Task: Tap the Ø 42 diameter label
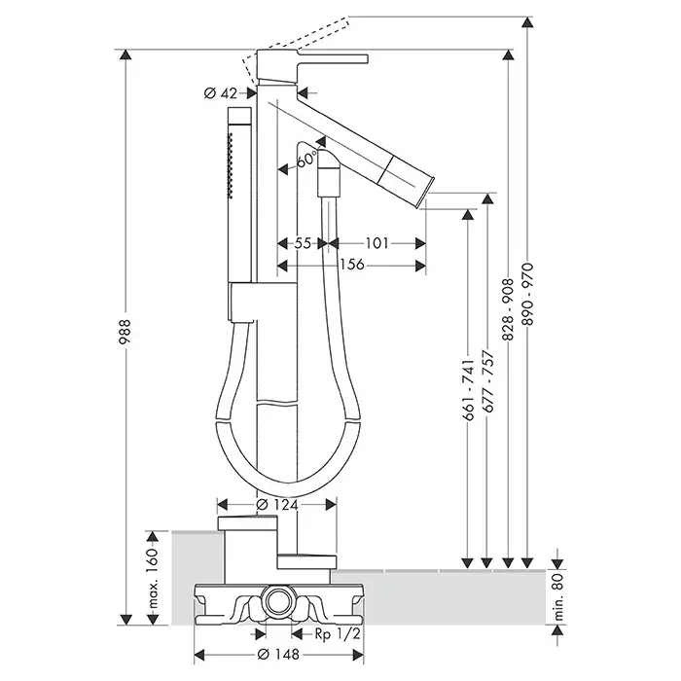(222, 93)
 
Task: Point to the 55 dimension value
(303, 244)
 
